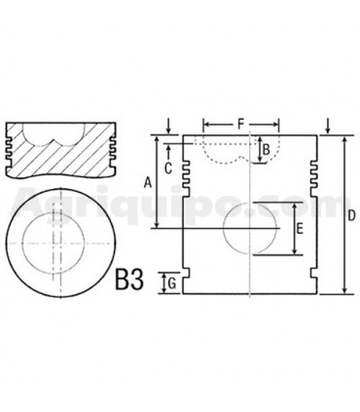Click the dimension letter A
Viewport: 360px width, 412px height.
coord(147,182)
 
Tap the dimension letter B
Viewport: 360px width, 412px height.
coord(267,151)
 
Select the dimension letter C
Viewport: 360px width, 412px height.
coord(167,167)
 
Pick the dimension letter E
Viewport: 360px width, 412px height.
coord(300,230)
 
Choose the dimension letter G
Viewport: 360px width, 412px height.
coord(170,283)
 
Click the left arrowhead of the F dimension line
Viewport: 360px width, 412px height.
coord(205,124)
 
